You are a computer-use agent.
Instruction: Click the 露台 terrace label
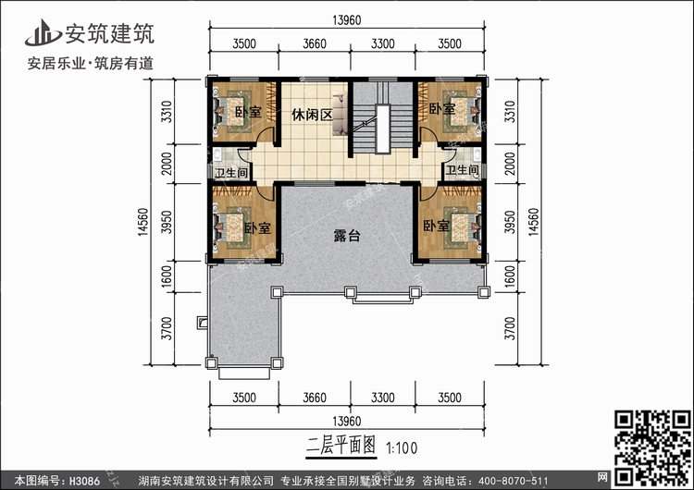pyautogui.click(x=346, y=237)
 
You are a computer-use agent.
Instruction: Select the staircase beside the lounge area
pyautogui.click(x=378, y=120)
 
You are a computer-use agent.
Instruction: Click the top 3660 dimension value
pyautogui.click(x=315, y=43)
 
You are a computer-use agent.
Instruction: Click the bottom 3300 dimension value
pyautogui.click(x=382, y=398)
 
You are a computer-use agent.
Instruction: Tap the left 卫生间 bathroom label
pyautogui.click(x=230, y=173)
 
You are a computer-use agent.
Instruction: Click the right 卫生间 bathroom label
pyautogui.click(x=462, y=170)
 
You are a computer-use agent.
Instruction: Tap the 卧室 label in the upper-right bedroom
pyautogui.click(x=442, y=109)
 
